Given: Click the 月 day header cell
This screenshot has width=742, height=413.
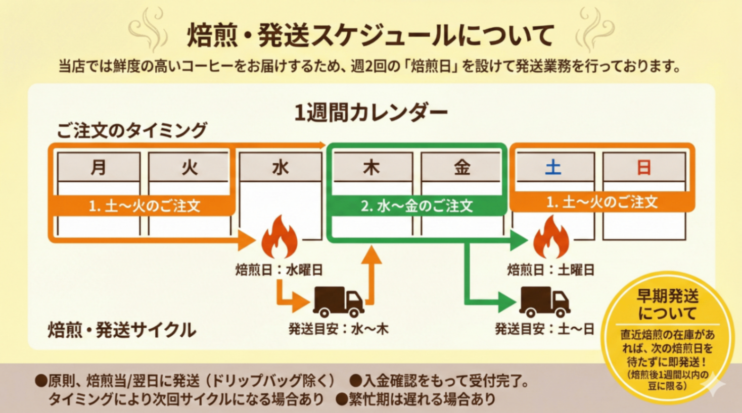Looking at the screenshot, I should [99, 167].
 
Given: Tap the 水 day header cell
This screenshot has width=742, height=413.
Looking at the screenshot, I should [280, 167].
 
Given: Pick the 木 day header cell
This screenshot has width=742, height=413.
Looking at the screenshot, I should [372, 167].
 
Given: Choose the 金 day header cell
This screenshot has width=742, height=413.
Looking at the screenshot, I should [461, 167].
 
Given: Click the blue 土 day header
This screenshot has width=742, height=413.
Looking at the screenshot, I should [553, 167].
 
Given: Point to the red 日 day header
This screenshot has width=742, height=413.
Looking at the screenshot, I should [643, 167].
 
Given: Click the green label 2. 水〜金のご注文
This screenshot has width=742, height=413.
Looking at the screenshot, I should [416, 206].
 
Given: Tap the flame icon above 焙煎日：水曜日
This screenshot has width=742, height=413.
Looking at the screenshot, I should [280, 237].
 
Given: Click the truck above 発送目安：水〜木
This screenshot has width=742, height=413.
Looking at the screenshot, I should [338, 301].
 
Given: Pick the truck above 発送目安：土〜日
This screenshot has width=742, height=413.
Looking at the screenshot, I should [545, 301].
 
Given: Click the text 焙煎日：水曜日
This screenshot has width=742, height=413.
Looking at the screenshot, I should [279, 270].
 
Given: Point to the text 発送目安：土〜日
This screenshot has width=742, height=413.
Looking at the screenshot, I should [544, 329].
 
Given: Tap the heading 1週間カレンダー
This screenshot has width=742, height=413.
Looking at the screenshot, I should [370, 113].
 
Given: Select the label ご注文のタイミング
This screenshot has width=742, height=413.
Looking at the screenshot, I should [132, 130].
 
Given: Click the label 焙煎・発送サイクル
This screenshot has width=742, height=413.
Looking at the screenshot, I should [122, 330].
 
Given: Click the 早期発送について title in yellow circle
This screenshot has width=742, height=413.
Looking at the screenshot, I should [667, 305].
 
